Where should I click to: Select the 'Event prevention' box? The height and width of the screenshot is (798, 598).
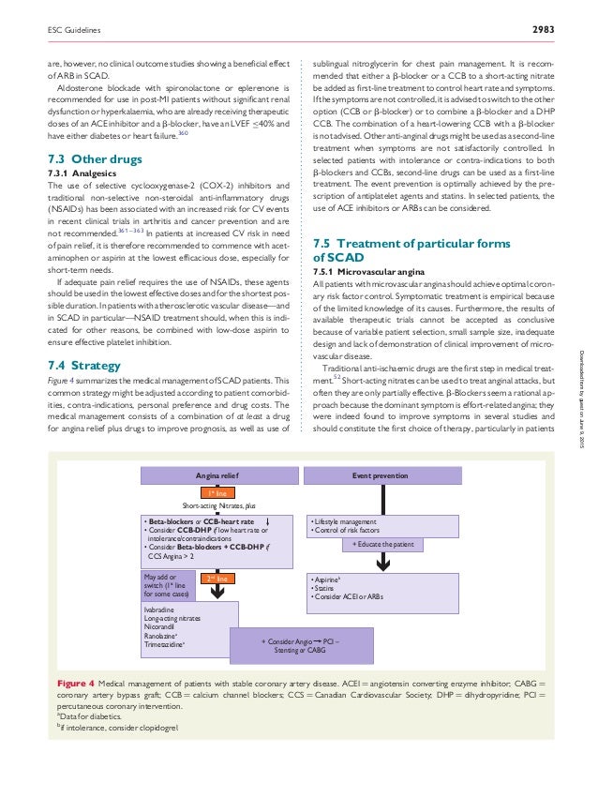click(380, 475)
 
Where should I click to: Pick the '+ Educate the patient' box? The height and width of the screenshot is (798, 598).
click(383, 543)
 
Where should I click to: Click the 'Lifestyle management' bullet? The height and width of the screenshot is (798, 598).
click(344, 521)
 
